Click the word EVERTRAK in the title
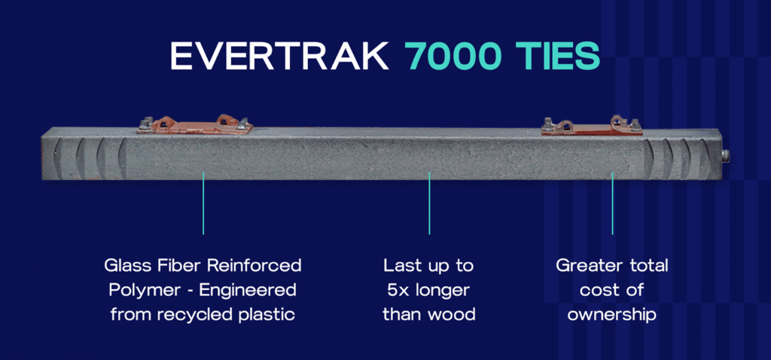(279, 56)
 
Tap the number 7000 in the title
(453, 56)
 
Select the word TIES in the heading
(558, 56)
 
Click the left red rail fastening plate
(195, 125)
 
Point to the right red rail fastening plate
(592, 126)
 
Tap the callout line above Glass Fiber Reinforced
(203, 203)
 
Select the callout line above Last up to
(429, 203)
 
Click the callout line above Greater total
(612, 203)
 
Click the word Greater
(584, 266)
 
